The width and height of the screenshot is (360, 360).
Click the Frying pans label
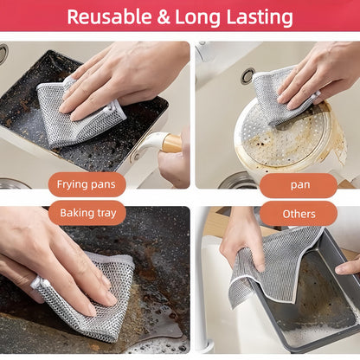87,184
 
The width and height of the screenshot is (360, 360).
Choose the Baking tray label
87,213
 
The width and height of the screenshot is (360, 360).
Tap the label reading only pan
299,184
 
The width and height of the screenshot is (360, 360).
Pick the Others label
299,213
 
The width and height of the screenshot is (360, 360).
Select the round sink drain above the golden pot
248,76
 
